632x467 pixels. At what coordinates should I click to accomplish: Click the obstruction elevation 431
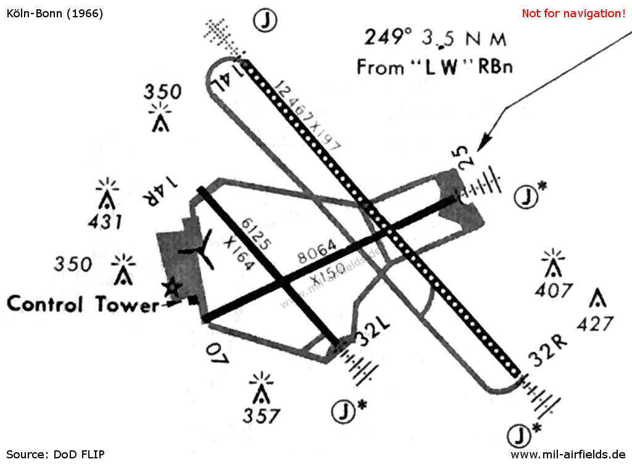pyautogui.click(x=104, y=221)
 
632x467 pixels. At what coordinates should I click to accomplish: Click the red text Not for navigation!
pyautogui.click(x=573, y=13)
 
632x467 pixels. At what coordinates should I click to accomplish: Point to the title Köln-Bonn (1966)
pyautogui.click(x=54, y=13)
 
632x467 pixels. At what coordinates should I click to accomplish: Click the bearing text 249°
pyautogui.click(x=388, y=38)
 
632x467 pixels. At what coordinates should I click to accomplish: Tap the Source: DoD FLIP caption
pyautogui.click(x=56, y=455)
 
